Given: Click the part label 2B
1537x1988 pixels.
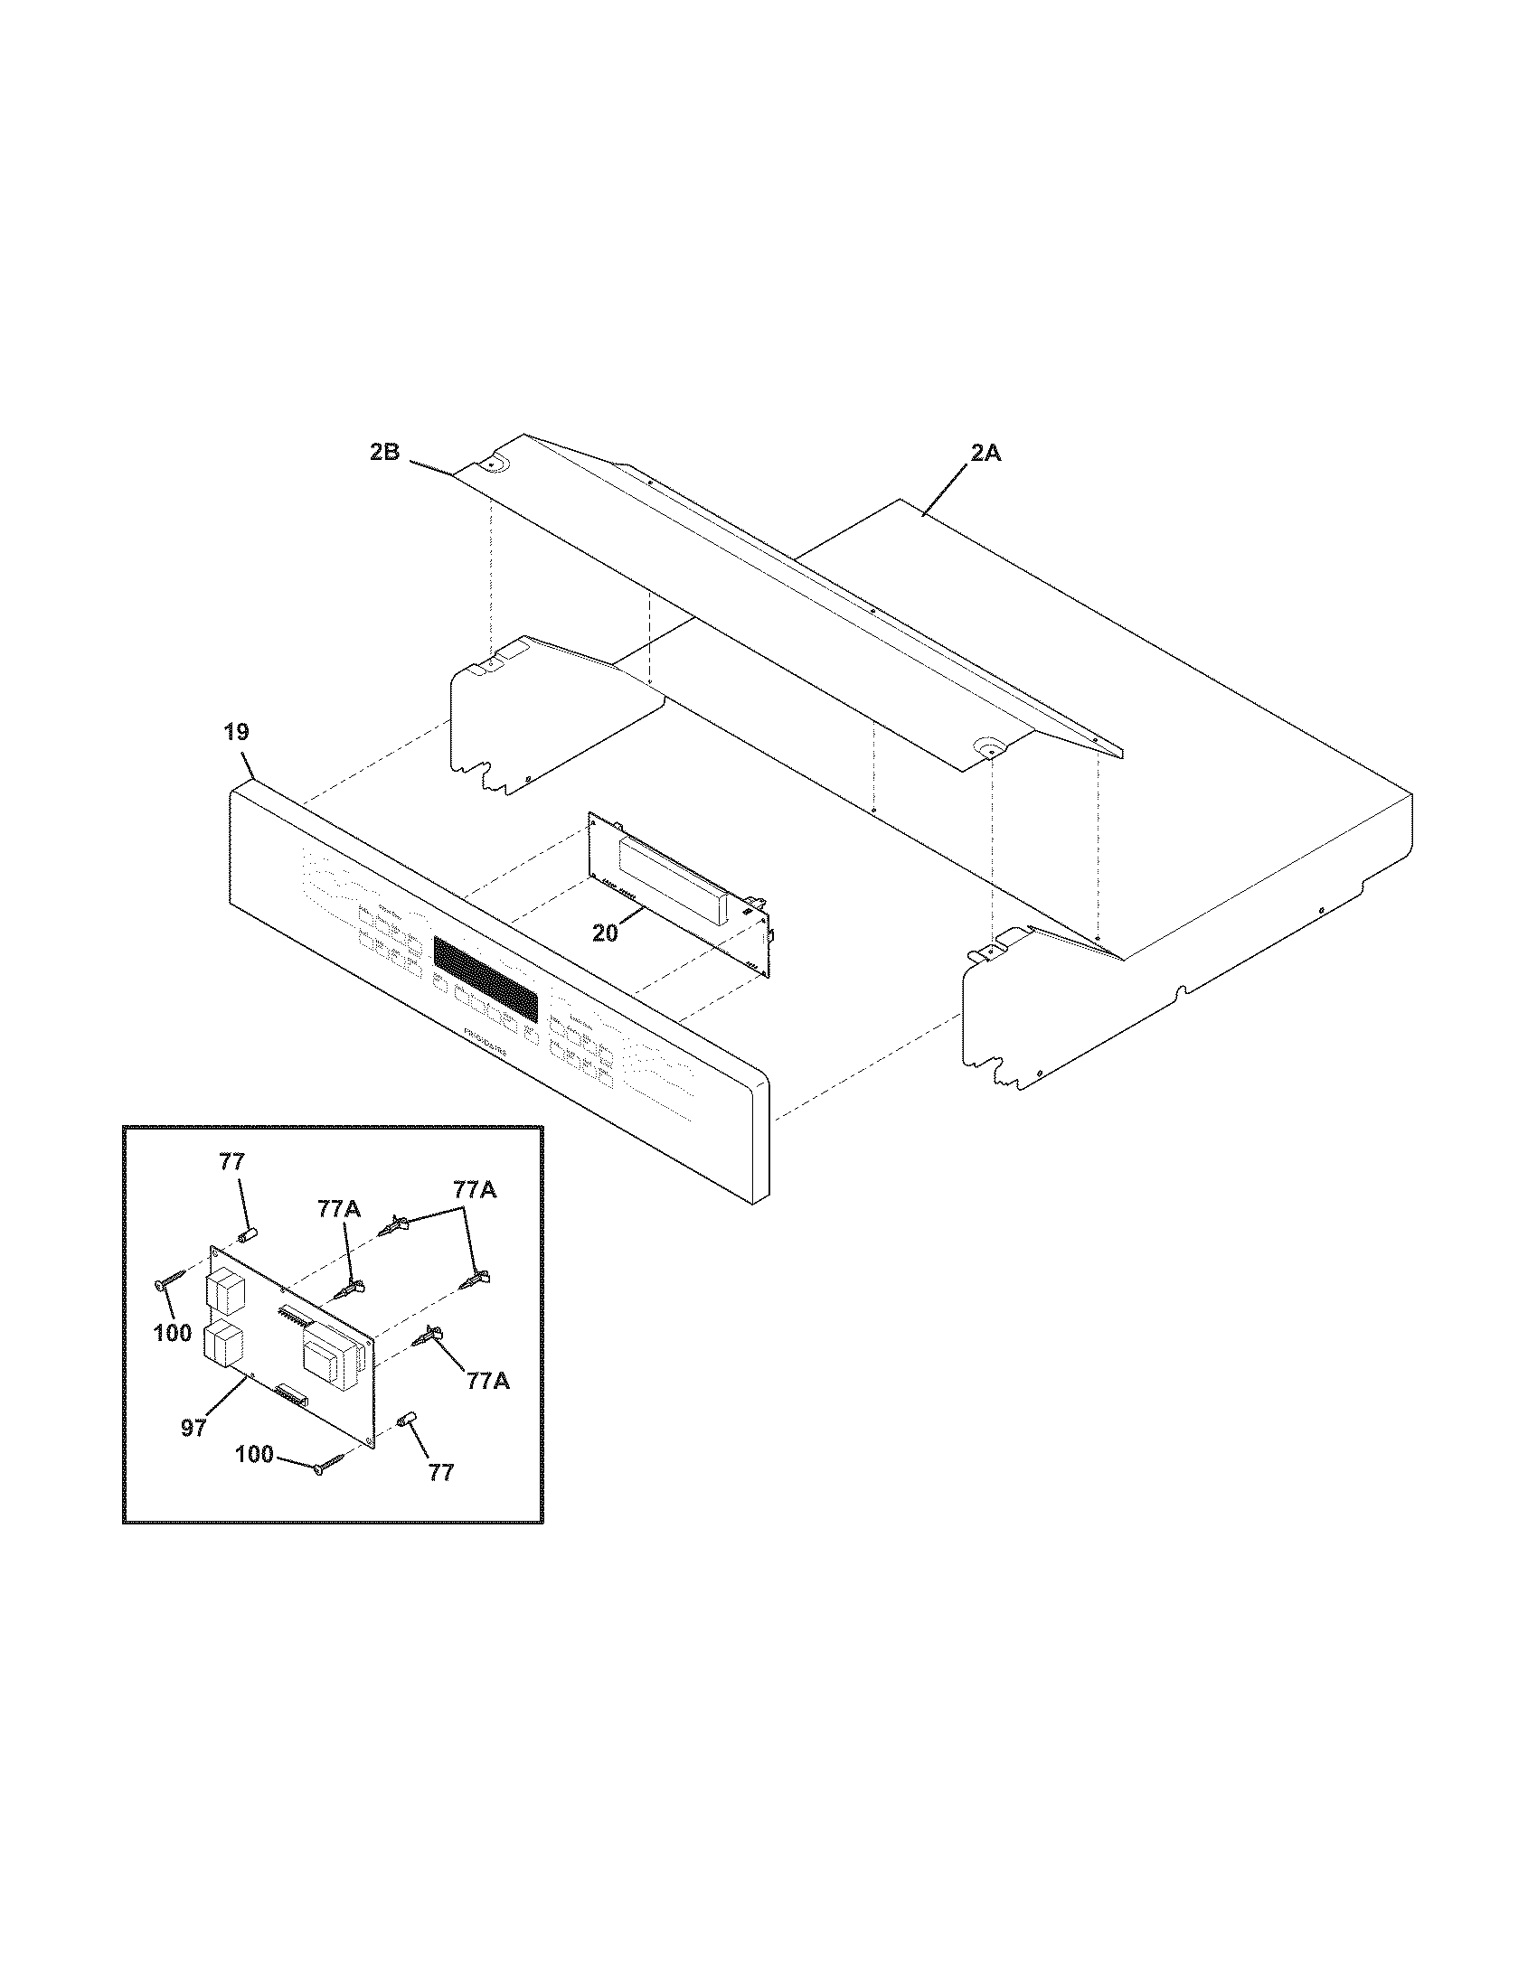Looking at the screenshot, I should point(384,453).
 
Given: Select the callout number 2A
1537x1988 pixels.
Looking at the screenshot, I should point(985,453).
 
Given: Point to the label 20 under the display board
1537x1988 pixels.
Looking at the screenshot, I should point(606,933).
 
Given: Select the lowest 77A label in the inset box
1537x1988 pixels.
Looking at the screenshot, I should point(487,1381).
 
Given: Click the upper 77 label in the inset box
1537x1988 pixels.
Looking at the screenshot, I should point(232,1161).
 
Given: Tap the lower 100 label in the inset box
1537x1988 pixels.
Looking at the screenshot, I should point(255,1455).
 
